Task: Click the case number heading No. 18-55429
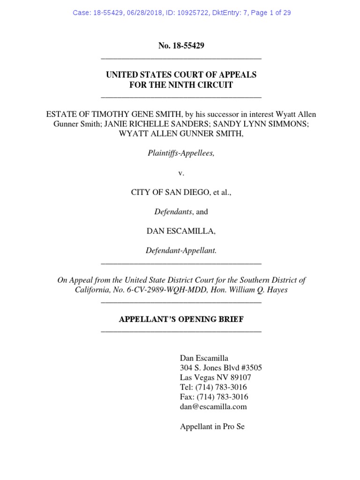pos(181,46)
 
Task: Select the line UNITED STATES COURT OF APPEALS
pos(181,75)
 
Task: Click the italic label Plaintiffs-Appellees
pos(181,153)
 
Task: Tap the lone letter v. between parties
pos(181,173)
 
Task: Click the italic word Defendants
pos(173,212)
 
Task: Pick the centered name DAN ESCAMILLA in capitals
pos(181,232)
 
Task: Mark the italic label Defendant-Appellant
pos(181,251)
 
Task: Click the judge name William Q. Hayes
pos(261,290)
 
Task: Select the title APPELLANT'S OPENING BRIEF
pos(181,320)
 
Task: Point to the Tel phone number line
pos(213,387)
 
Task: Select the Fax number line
pos(214,397)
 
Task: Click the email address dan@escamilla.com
pos(213,407)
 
